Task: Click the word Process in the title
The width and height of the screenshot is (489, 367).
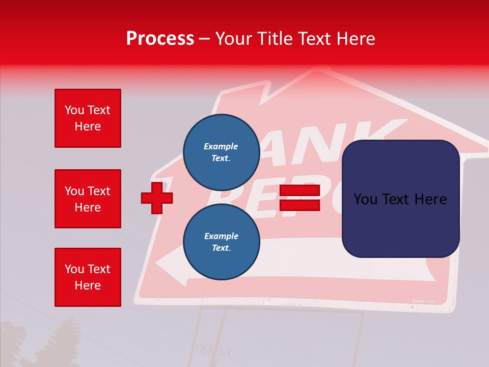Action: [x=160, y=39]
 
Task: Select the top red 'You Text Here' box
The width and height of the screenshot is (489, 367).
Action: [x=88, y=118]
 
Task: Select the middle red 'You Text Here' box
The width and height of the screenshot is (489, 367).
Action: [x=88, y=199]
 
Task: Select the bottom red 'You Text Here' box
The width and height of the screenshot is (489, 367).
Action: [x=88, y=277]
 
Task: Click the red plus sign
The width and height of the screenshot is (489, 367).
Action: [x=157, y=198]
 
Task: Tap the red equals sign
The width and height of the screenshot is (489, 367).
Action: [x=300, y=198]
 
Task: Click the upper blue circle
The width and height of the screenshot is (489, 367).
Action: [x=221, y=152]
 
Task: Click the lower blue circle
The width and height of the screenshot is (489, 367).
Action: [x=221, y=242]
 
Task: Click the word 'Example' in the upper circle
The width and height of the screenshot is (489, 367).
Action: [x=221, y=146]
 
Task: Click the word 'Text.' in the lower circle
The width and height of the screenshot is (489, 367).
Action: [x=221, y=248]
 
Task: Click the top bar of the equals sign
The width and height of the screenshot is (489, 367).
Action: [x=300, y=191]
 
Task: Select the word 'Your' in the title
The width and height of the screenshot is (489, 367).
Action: [x=235, y=39]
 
